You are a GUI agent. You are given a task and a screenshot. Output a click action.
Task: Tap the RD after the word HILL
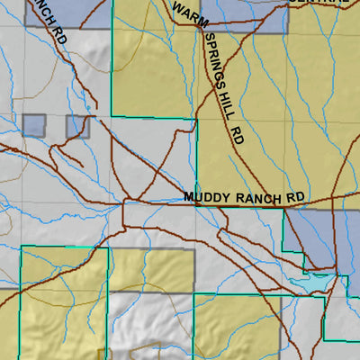tap(238, 136)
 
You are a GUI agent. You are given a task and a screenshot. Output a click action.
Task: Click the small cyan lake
tap(310, 281)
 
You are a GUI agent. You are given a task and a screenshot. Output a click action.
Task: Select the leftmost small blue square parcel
tap(33, 125)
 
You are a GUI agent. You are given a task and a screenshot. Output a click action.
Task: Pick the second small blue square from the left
tap(77, 126)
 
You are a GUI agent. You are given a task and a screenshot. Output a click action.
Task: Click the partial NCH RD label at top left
tap(49, 22)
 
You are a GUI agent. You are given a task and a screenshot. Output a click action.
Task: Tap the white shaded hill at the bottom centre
tap(153, 324)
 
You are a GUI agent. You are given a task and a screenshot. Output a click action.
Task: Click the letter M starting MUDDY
tap(188, 196)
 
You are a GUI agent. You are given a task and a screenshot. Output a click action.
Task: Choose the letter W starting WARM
tap(175, 8)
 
